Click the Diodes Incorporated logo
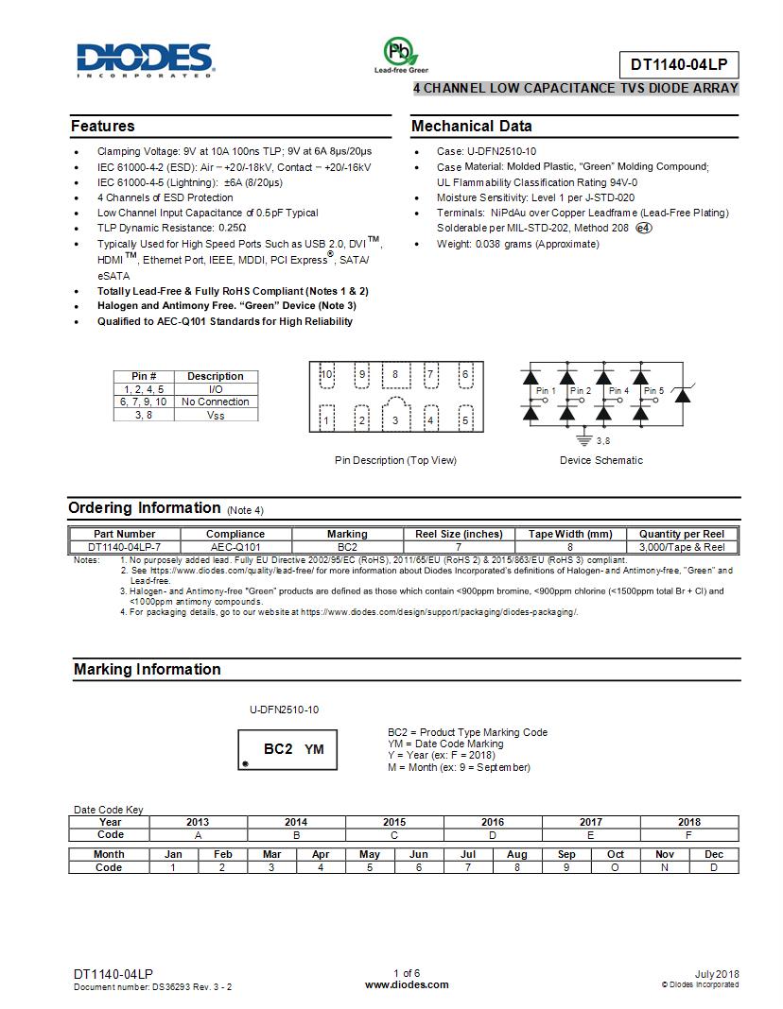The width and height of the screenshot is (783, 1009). pos(144,59)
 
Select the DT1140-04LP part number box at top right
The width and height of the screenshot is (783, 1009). pos(678,64)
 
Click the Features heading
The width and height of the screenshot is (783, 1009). pos(103,127)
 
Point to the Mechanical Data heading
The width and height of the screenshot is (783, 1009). pos(472,127)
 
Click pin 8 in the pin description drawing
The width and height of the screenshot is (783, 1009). pos(395,374)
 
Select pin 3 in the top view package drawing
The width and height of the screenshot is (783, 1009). pos(395,419)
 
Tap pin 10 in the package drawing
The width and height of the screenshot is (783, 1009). pos(327,374)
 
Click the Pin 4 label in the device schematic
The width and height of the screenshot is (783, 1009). pos(618,390)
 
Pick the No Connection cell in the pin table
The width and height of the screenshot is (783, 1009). pos(215,402)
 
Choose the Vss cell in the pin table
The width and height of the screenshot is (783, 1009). pos(215,415)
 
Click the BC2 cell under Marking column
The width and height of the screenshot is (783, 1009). pos(347,547)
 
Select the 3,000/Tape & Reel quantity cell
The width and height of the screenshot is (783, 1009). pos(682,547)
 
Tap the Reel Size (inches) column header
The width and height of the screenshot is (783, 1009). pos(459,534)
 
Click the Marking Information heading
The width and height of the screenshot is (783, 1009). pos(148,670)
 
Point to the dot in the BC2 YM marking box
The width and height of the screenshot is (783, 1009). pos(246,762)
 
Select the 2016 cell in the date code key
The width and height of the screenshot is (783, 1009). pos(492,822)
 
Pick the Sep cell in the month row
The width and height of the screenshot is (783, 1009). pos(566,854)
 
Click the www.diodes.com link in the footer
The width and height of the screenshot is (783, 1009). pos(407,984)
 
